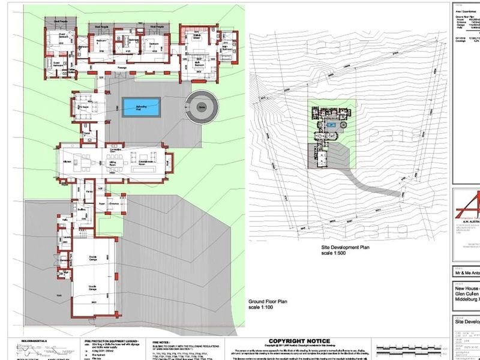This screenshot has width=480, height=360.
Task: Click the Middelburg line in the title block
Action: coord(466,296)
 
